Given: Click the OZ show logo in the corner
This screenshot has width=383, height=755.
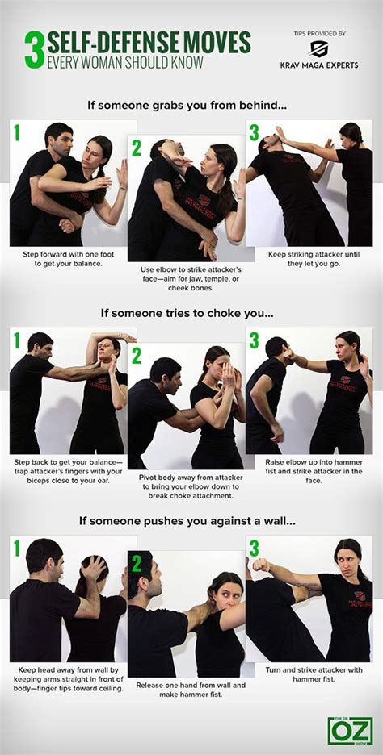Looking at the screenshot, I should click(x=350, y=728).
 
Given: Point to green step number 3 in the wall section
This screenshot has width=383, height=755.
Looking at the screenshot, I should click(x=255, y=549).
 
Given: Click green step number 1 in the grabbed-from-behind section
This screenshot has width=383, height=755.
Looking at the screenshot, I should click(x=17, y=133).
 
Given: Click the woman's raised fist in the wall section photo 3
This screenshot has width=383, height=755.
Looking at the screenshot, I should click(x=260, y=565).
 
